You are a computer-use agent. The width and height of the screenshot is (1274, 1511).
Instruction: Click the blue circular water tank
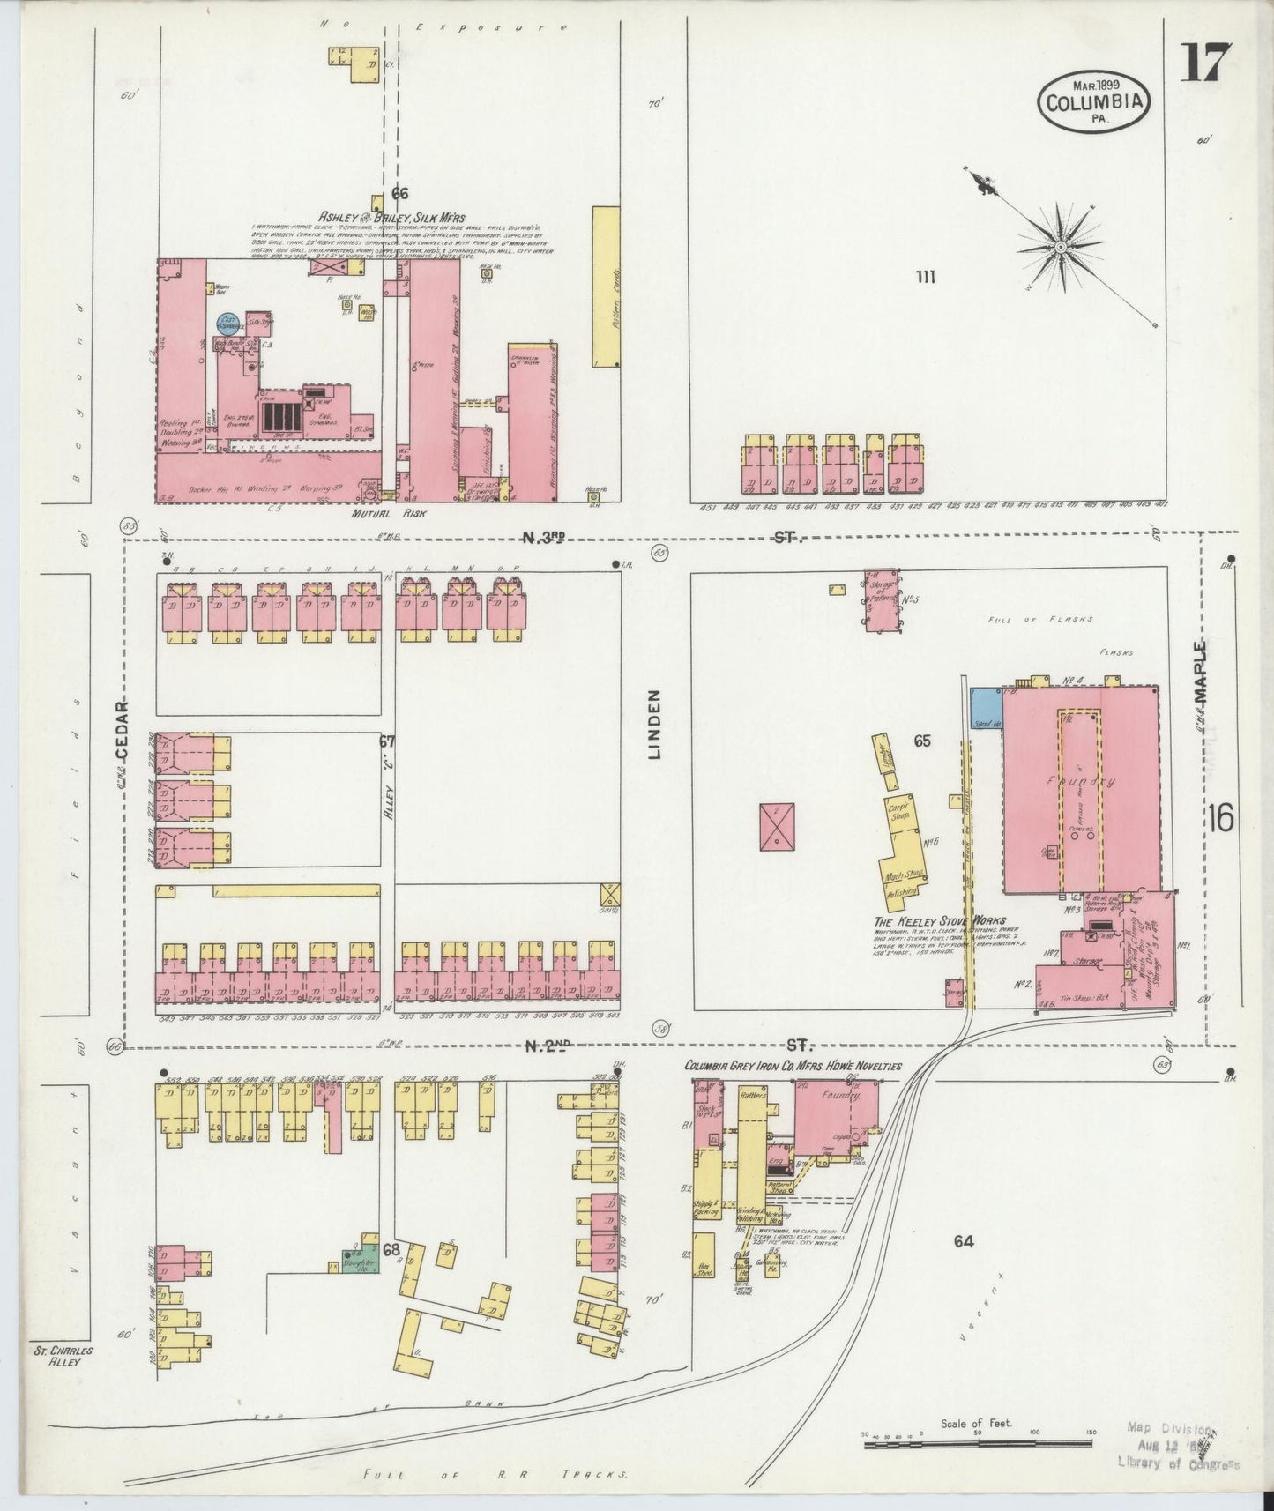tap(227, 324)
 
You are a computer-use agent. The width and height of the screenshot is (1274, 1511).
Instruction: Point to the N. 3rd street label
tap(544, 538)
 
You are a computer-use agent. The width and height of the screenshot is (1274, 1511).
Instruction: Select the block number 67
tap(386, 741)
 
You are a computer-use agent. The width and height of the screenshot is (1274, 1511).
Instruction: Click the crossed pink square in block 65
tap(775, 826)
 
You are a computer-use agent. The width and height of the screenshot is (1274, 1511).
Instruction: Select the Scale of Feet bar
tap(978, 1443)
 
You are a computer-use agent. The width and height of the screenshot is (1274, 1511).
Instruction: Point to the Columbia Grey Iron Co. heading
tap(793, 1066)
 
